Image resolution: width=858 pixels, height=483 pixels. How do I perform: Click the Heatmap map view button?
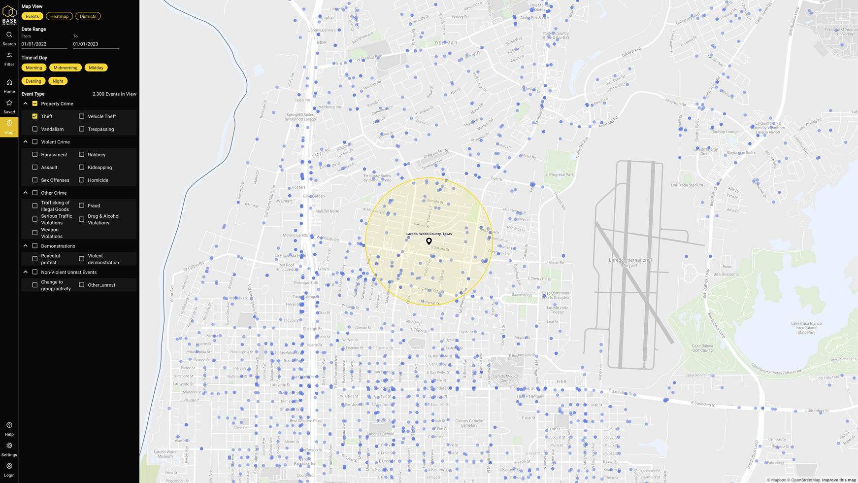[59, 16]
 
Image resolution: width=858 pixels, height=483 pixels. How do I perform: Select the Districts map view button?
[88, 16]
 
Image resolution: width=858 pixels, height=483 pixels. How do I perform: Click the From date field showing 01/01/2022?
[44, 44]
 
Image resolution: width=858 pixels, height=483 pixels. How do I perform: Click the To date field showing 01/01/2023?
[96, 44]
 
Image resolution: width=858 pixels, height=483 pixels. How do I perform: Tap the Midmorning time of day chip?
[66, 68]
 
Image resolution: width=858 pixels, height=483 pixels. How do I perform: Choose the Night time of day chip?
[58, 81]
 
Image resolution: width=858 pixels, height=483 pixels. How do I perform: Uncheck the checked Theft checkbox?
[35, 116]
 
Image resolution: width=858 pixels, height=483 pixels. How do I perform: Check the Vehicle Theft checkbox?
[82, 116]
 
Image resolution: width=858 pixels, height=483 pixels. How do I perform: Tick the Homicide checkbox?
[82, 180]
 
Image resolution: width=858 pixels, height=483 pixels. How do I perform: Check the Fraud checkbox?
[82, 206]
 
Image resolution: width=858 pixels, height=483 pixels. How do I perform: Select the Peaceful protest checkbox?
[35, 259]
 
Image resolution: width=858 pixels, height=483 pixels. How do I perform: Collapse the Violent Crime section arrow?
[26, 142]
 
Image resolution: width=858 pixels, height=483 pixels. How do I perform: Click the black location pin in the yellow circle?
[429, 241]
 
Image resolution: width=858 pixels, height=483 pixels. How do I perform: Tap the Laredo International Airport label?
[630, 263]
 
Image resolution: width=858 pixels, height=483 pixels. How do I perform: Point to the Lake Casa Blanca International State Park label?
[806, 328]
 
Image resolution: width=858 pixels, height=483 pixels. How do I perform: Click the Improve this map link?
[839, 480]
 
